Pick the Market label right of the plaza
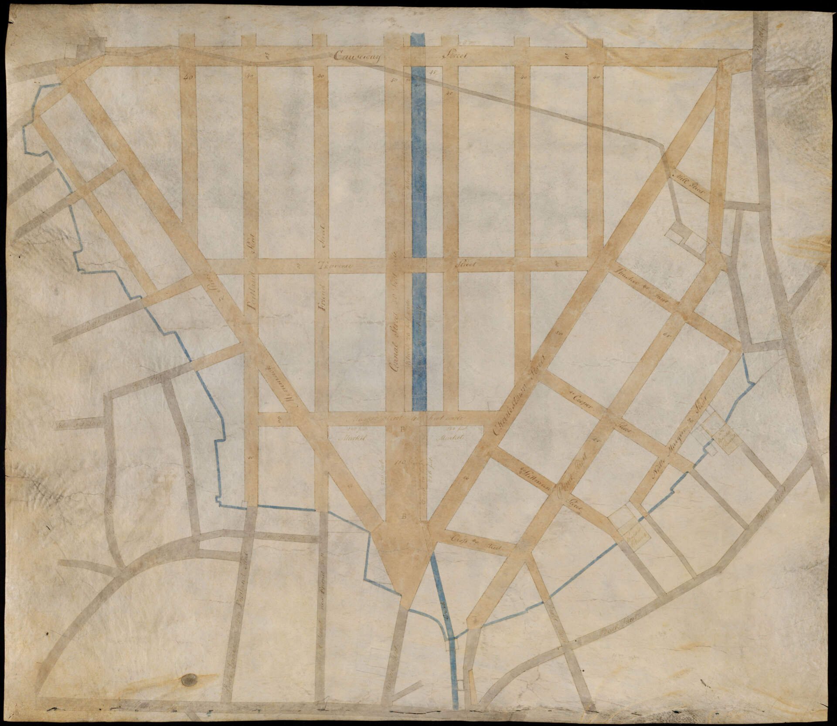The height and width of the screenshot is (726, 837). click(x=449, y=437)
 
